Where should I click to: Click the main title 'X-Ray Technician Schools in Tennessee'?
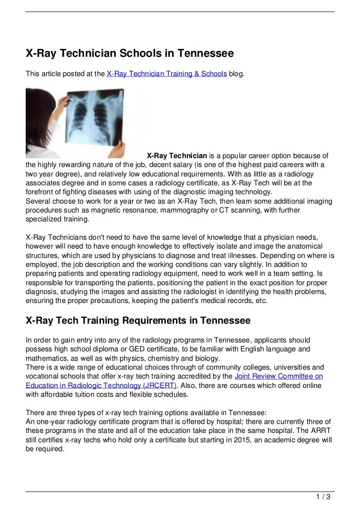(x=130, y=53)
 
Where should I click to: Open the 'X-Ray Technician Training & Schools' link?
(x=167, y=74)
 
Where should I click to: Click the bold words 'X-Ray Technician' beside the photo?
(x=177, y=156)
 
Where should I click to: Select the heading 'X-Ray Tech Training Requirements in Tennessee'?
(x=138, y=321)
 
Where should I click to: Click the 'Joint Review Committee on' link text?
(x=278, y=376)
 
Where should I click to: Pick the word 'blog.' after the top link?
(x=236, y=74)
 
